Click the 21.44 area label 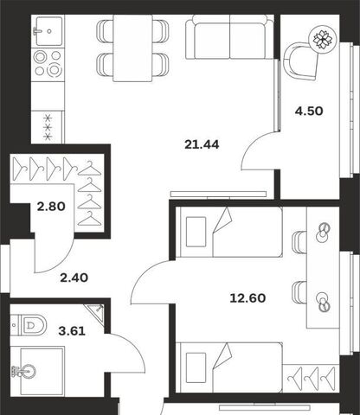tap(202, 144)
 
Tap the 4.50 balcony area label tap(309, 111)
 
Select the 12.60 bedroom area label tap(247, 298)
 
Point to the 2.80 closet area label tap(51, 207)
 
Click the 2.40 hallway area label tap(74, 278)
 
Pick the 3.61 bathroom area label tap(72, 331)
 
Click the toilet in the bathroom tap(29, 325)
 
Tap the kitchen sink tap(48, 31)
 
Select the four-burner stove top tap(48, 64)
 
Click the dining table tap(132, 48)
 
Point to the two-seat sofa tap(229, 37)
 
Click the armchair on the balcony tap(301, 61)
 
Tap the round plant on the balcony tap(323, 39)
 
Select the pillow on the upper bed tap(196, 232)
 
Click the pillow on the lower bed tap(196, 367)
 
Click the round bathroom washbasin tap(28, 371)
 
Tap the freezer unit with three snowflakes tap(48, 127)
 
